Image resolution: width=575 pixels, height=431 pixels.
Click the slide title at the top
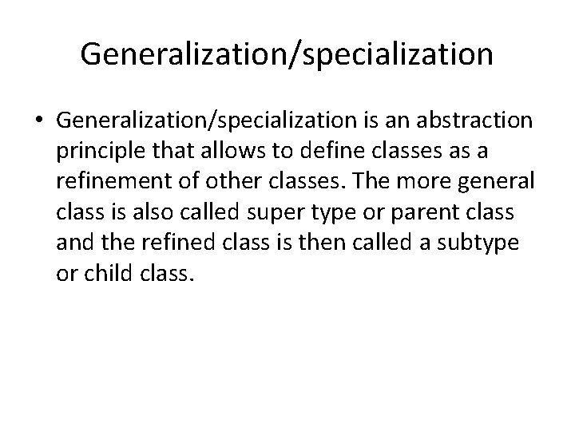pos(287,54)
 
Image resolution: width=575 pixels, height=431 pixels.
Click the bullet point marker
pos(39,121)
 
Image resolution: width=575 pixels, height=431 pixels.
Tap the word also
pos(140,212)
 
